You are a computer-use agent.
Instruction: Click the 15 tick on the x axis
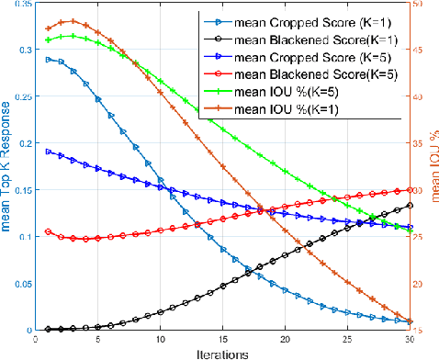coord(222,339)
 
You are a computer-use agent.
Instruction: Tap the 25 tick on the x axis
coord(347,339)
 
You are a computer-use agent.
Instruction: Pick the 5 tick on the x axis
coord(97,339)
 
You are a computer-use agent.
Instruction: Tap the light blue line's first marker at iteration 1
coord(48,59)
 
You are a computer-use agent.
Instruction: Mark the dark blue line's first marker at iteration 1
coord(48,151)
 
